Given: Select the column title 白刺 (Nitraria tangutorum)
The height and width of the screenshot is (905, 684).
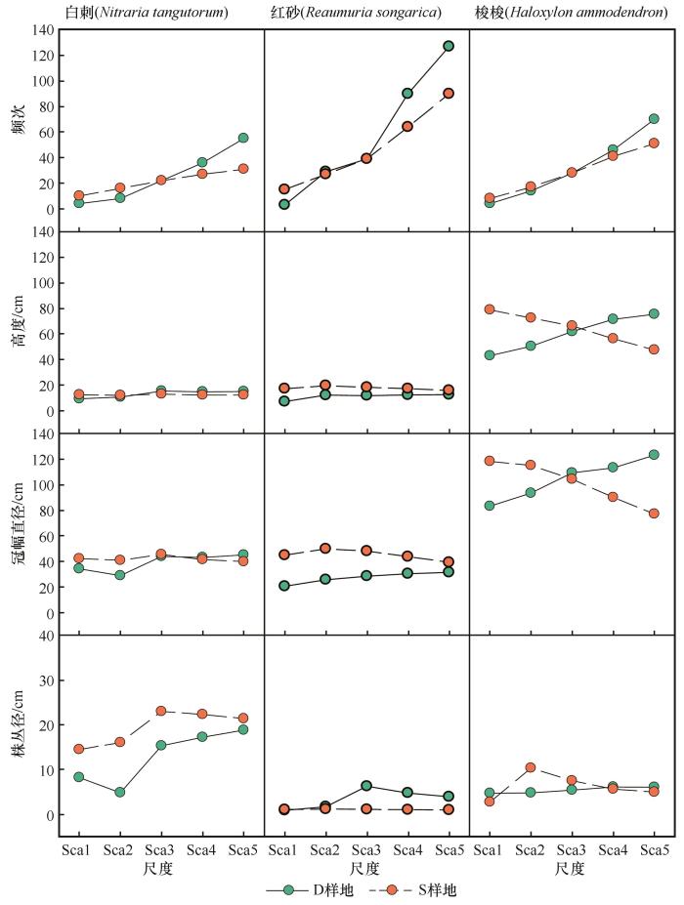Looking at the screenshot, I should pos(159,13).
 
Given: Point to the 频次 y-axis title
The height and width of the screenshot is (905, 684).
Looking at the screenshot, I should pos(18,144).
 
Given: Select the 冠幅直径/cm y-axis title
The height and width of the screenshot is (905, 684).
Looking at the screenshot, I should pos(18,525).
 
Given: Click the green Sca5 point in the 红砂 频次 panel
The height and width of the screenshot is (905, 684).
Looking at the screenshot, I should pos(449,46).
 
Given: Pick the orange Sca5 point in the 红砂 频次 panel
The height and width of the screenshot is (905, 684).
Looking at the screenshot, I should pos(449,94).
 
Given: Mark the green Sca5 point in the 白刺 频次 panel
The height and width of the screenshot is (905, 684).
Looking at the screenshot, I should pos(242,138).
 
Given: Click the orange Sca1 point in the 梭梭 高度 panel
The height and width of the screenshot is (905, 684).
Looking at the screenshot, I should pos(489,309).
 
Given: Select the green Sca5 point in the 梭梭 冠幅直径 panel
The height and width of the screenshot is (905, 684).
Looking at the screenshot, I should pos(654,455).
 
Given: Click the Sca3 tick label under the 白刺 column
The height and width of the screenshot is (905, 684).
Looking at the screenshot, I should pos(160,851).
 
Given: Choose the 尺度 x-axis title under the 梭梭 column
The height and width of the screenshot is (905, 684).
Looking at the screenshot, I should pos(571,868).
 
